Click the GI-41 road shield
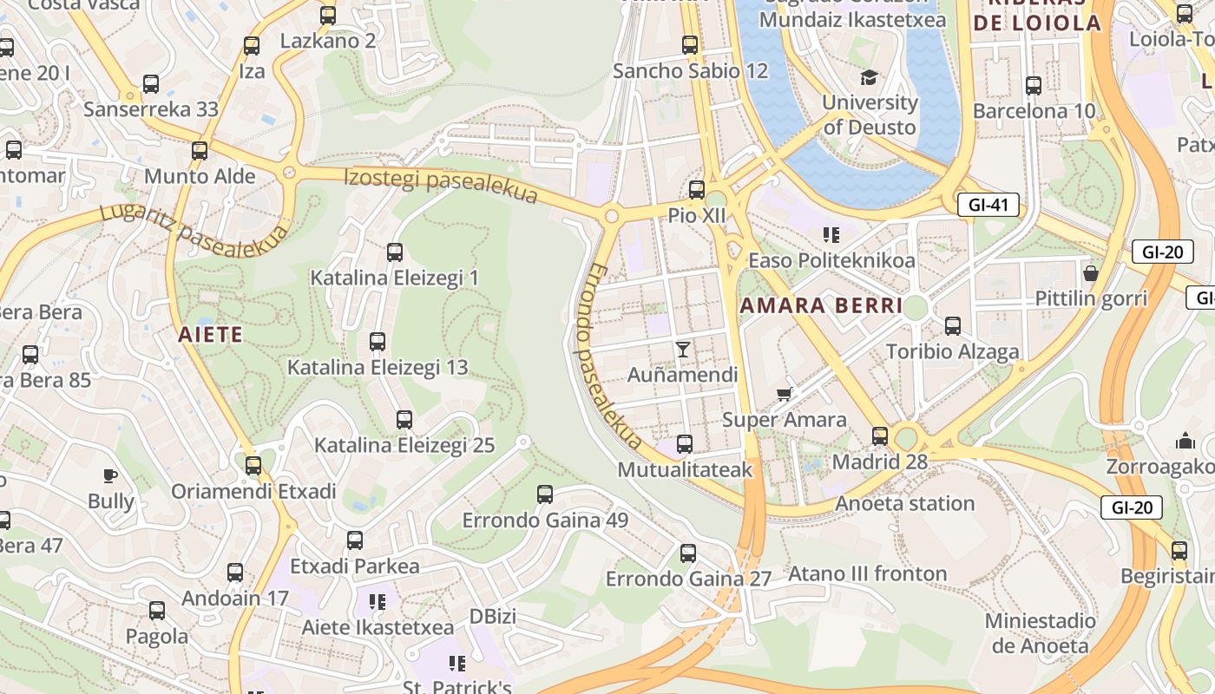[x=988, y=206]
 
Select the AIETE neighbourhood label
[x=210, y=334]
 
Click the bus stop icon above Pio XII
[x=696, y=189]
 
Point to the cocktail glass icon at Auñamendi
[x=683, y=349]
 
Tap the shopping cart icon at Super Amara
[x=785, y=395]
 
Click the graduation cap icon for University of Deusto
[x=869, y=77]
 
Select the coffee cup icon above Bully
[x=110, y=475]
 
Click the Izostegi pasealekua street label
[x=441, y=186]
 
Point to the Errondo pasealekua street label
[x=608, y=356]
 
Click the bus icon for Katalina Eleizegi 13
[x=378, y=342]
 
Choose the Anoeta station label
[x=904, y=503]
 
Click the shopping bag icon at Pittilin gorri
[x=1091, y=273]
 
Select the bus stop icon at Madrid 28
[x=880, y=435]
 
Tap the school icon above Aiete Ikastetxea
[x=377, y=601]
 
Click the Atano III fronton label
[x=867, y=573]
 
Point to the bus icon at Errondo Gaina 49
[x=544, y=494]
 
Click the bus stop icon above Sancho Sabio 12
[x=690, y=45]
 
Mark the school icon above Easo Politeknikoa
[x=831, y=234]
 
